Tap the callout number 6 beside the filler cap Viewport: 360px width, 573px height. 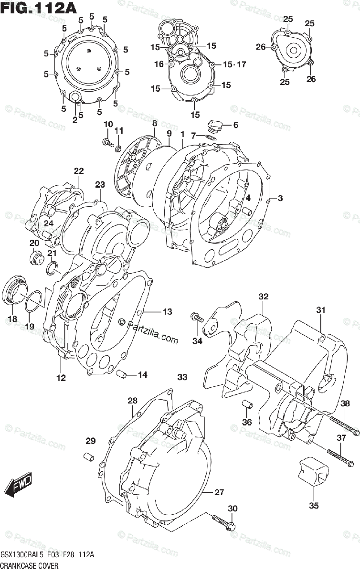(x=235, y=125)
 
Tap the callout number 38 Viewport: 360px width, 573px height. (x=345, y=404)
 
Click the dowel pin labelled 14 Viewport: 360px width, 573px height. (x=122, y=374)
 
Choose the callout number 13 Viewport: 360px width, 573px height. (x=167, y=312)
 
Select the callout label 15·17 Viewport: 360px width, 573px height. (x=234, y=64)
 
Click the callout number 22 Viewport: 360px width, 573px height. (x=78, y=171)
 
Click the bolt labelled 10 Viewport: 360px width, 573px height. (x=106, y=141)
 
